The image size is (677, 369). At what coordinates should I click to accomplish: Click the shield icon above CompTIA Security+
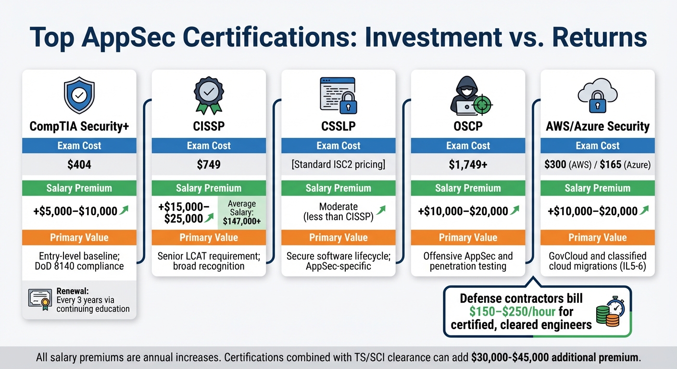pyautogui.click(x=79, y=97)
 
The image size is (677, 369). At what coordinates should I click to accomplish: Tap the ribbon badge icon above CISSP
pyautogui.click(x=208, y=95)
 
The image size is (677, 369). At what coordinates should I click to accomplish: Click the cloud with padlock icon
pyautogui.click(x=597, y=96)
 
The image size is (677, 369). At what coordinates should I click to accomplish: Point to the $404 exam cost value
pyautogui.click(x=79, y=165)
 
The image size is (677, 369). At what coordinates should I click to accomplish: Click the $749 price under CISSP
pyautogui.click(x=208, y=165)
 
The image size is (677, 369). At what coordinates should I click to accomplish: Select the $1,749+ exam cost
pyautogui.click(x=467, y=165)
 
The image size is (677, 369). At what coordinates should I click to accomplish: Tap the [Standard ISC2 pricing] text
pyautogui.click(x=338, y=165)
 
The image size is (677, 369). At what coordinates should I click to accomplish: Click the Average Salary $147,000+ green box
pyautogui.click(x=241, y=213)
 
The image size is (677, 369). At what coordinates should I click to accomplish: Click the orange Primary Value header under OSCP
pyautogui.click(x=467, y=237)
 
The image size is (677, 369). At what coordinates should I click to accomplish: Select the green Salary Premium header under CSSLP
pyautogui.click(x=338, y=188)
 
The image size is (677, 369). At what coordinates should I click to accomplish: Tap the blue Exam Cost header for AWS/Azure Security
pyautogui.click(x=597, y=146)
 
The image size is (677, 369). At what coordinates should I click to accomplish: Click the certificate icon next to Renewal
pyautogui.click(x=40, y=300)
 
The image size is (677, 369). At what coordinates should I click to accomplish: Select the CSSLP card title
pyautogui.click(x=338, y=126)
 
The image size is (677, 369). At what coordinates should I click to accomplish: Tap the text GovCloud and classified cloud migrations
pyautogui.click(x=597, y=261)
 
